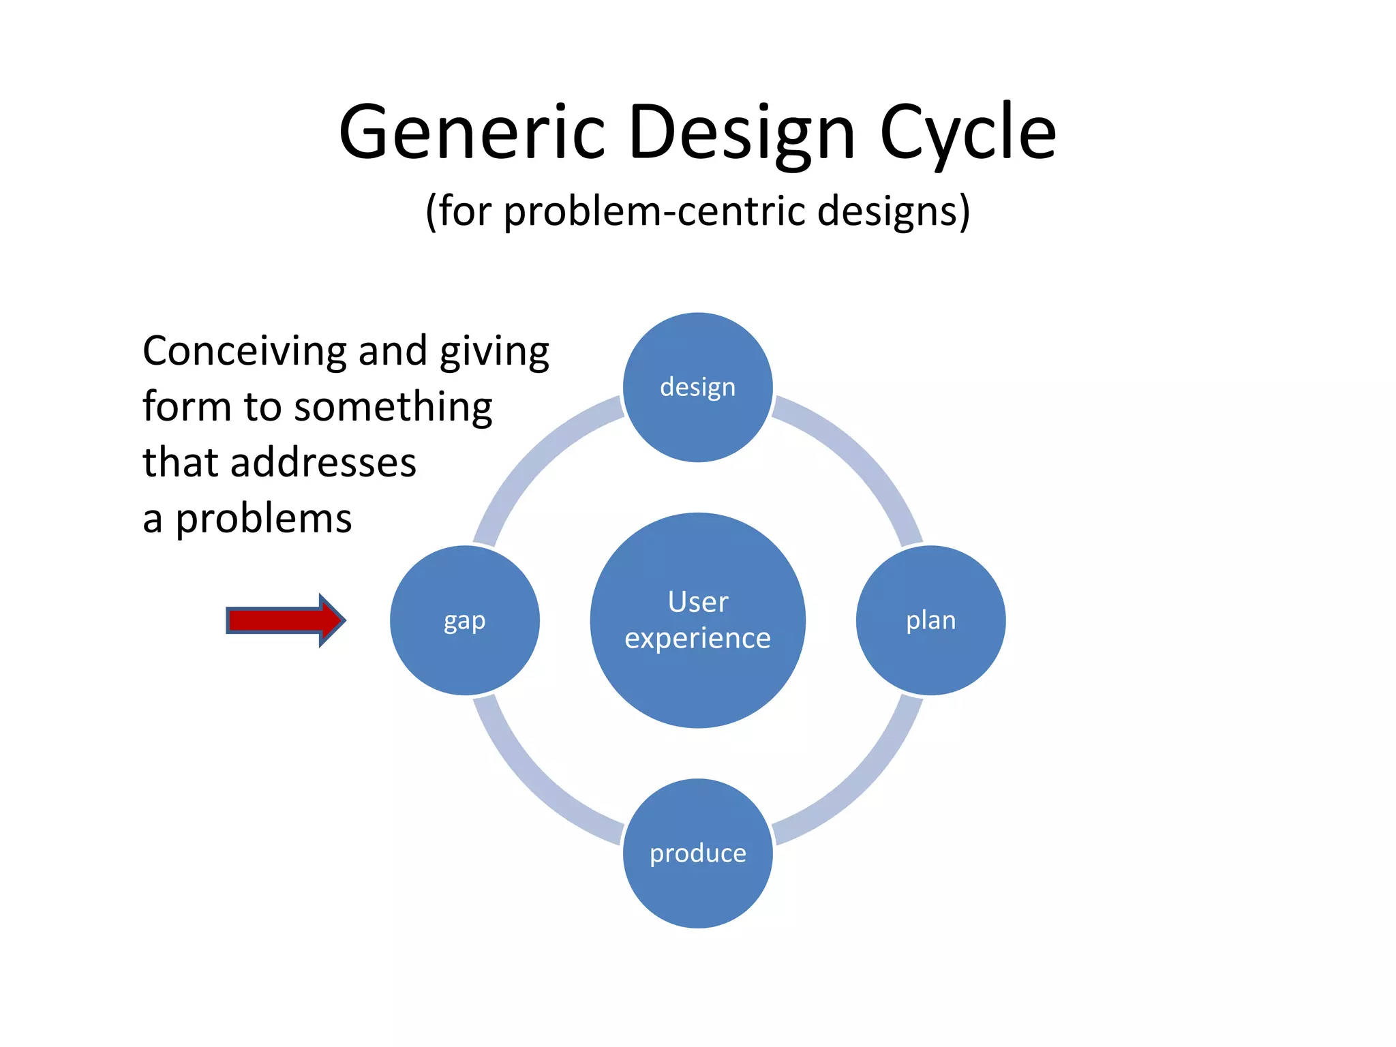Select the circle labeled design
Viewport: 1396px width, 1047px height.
(x=697, y=387)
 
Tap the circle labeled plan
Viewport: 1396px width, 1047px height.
(x=930, y=620)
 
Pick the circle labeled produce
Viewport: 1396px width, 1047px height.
(x=697, y=853)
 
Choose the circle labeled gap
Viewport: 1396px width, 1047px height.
(x=465, y=620)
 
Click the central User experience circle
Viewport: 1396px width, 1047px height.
(x=697, y=620)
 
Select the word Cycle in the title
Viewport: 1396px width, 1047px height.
(x=968, y=133)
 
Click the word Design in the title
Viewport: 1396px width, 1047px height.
(x=742, y=133)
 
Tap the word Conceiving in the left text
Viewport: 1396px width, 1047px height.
(x=244, y=352)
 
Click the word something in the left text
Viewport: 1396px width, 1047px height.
(x=393, y=408)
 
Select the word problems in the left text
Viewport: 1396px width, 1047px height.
(x=264, y=519)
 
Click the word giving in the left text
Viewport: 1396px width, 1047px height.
(x=494, y=352)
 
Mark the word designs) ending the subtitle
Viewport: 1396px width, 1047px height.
(x=893, y=211)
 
